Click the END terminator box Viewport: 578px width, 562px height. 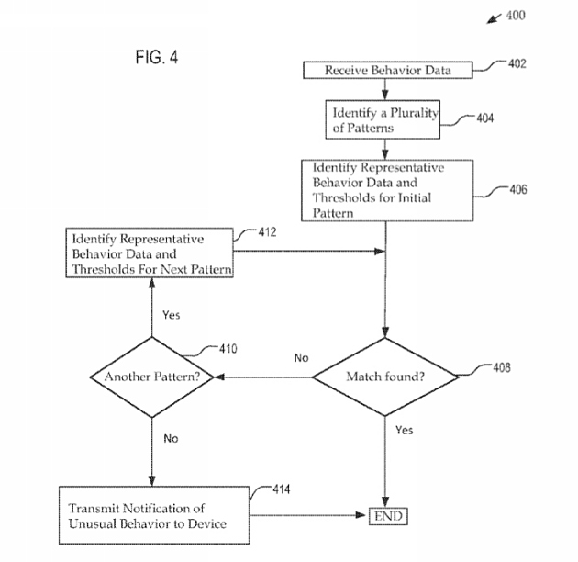click(387, 516)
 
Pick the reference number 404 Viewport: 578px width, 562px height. click(485, 118)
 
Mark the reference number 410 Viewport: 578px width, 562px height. click(228, 349)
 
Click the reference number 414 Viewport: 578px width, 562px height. click(281, 489)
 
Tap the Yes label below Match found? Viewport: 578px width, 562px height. click(404, 430)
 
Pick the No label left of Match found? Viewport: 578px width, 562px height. click(301, 357)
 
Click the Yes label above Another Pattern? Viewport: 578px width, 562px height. click(172, 315)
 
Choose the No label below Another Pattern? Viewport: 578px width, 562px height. click(172, 438)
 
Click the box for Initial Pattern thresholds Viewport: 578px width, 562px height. click(386, 191)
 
